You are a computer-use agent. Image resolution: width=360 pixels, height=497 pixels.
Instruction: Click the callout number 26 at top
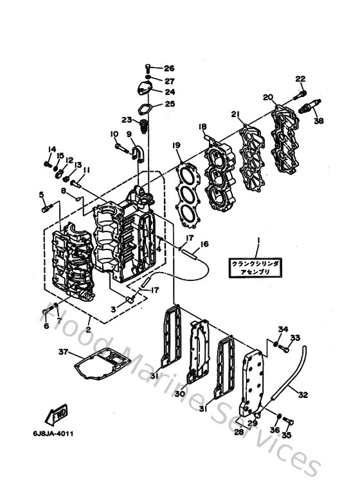pos(169,68)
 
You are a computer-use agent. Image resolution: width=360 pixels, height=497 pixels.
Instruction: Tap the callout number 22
pos(300,78)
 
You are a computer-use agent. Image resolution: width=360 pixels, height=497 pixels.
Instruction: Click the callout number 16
pos(204,244)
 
